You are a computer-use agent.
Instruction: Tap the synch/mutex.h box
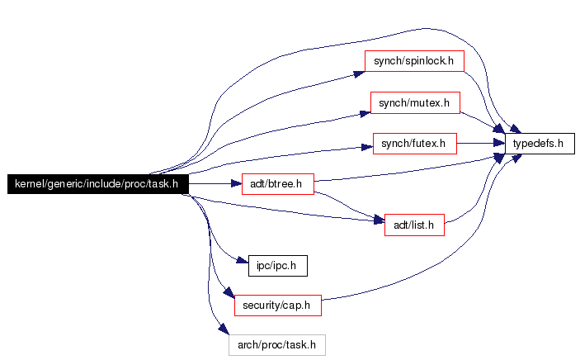click(414, 102)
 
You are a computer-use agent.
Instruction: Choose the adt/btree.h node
click(277, 183)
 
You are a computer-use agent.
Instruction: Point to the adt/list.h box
click(414, 224)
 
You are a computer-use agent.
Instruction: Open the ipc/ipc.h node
click(277, 266)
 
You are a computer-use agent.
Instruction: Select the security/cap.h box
click(277, 305)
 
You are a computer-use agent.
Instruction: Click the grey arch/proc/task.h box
click(277, 344)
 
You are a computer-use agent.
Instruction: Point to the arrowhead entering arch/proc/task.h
click(223, 331)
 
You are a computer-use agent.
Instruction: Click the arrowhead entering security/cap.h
click(229, 295)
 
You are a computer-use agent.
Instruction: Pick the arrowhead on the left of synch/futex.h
click(367, 147)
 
